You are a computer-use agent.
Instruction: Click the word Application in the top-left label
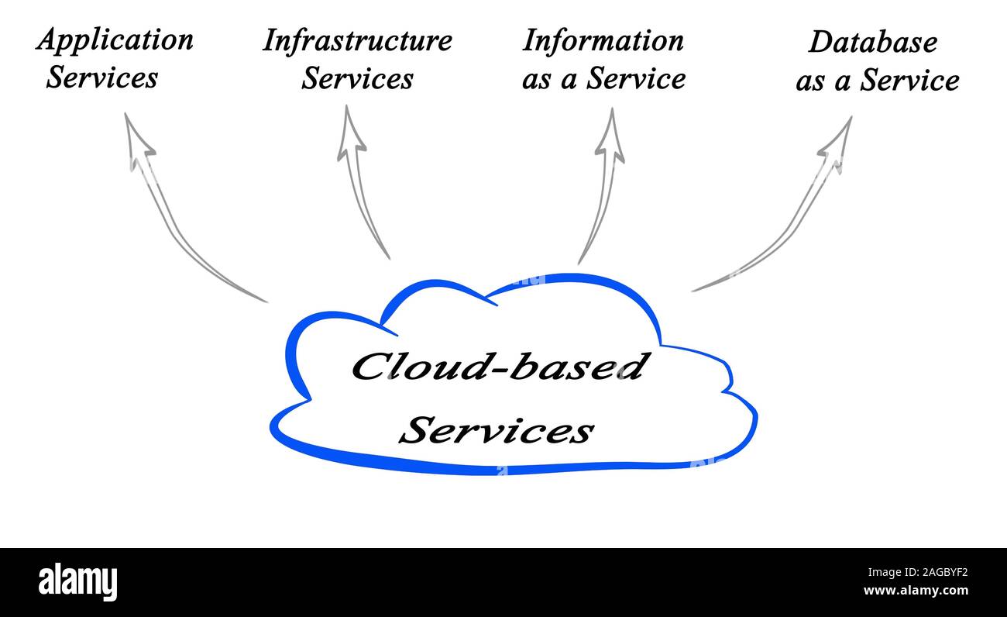pos(115,40)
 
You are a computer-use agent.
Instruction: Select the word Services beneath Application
pos(101,78)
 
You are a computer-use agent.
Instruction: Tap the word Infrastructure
pos(357,40)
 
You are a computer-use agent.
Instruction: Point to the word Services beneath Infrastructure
pos(357,78)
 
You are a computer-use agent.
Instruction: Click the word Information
pos(603,40)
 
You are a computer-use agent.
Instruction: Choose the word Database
pos(872,43)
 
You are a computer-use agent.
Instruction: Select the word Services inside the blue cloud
pos(500,430)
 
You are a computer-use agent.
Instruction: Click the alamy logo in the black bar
pos(77,581)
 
